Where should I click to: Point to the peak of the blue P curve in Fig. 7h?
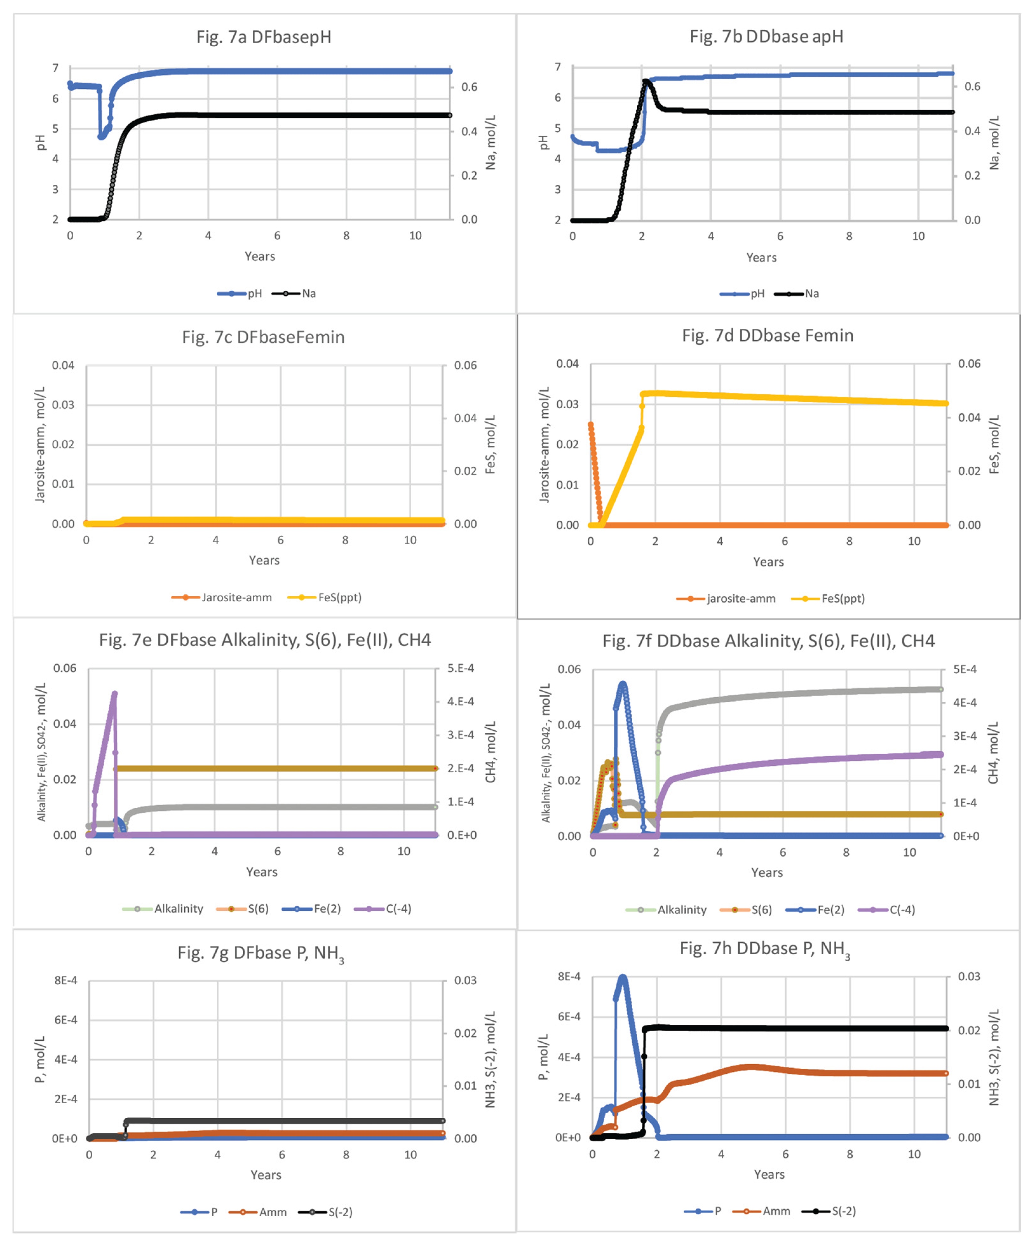coord(622,978)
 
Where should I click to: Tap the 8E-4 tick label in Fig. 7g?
coord(65,980)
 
